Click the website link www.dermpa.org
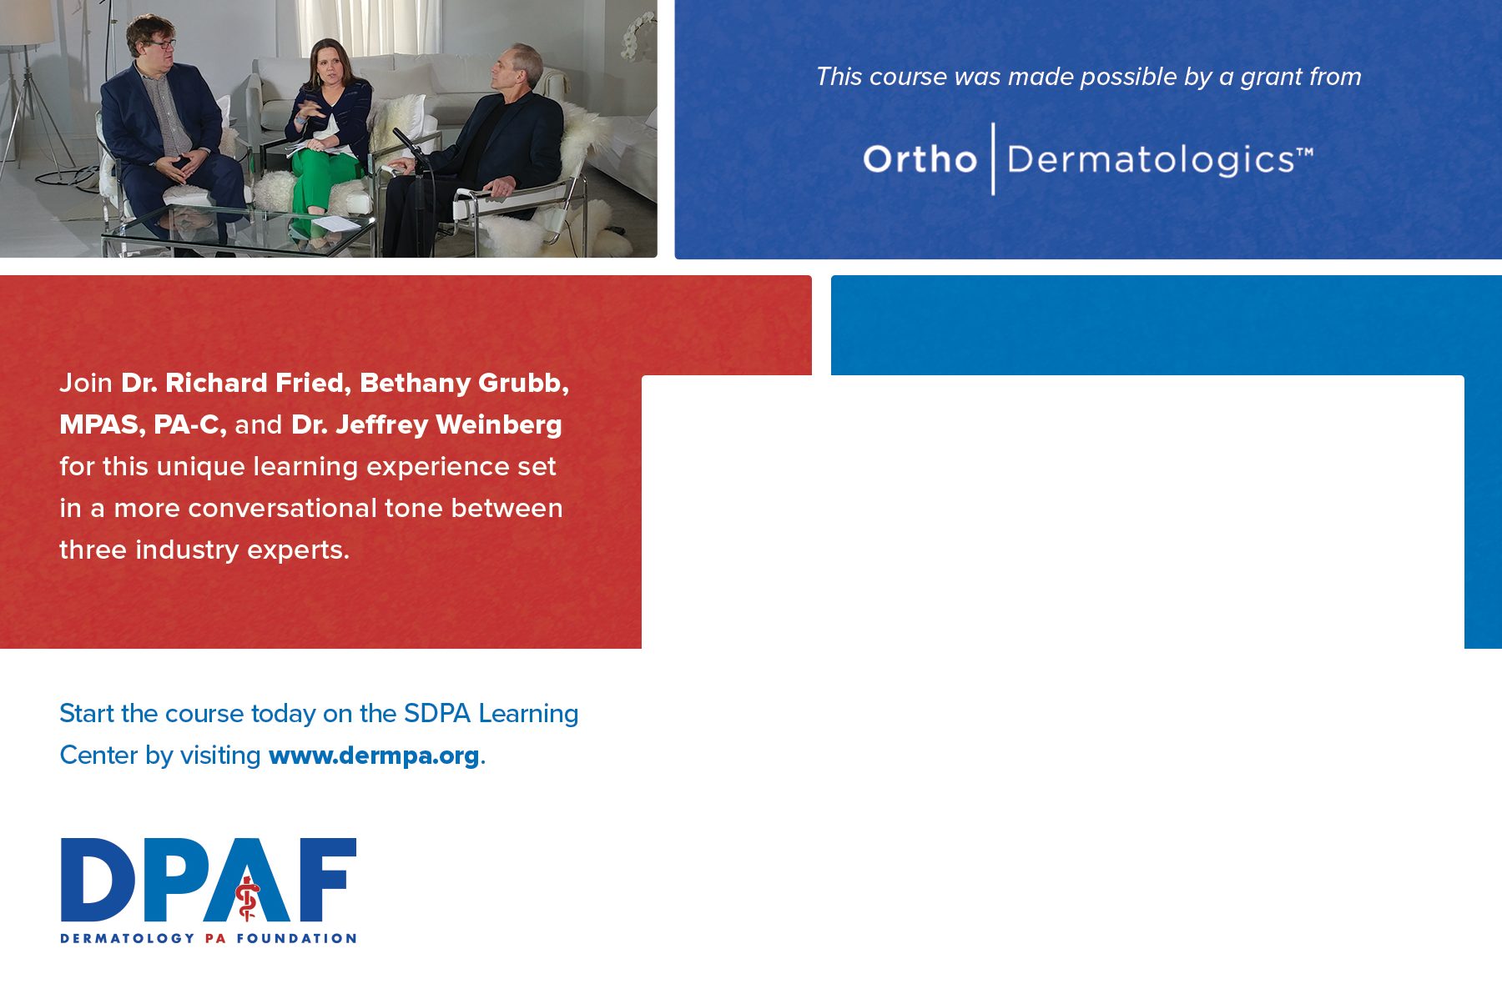coord(374,756)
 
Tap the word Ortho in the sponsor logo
coord(920,158)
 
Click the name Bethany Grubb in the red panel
coord(460,383)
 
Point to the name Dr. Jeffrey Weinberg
coord(426,425)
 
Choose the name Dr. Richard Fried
coord(232,383)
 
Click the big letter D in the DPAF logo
coord(98,879)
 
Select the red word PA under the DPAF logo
coord(215,938)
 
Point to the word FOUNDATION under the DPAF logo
coord(296,938)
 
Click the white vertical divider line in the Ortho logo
coord(993,158)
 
